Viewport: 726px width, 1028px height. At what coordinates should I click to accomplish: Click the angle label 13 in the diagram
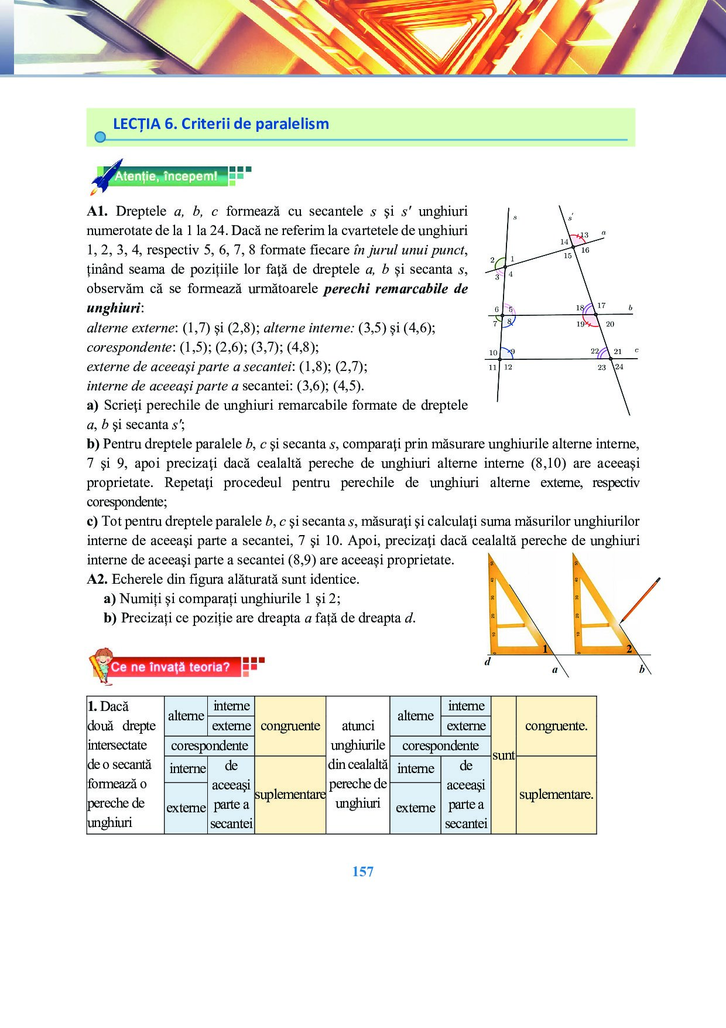(x=584, y=235)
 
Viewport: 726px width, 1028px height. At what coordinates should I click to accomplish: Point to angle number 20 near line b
(x=610, y=324)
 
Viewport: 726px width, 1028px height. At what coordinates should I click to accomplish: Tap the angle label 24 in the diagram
(x=619, y=367)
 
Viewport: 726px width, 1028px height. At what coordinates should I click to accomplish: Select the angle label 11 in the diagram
(x=492, y=367)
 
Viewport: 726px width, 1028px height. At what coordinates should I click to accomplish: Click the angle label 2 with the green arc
(x=492, y=260)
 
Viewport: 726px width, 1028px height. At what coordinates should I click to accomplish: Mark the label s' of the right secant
(x=570, y=217)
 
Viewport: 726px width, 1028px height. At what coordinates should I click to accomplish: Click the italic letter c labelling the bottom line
(x=636, y=350)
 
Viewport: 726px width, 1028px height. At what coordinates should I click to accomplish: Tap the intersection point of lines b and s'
(x=596, y=315)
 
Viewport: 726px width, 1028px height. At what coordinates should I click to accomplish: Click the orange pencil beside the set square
(x=640, y=600)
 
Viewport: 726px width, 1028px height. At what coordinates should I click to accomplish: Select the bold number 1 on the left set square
(x=545, y=648)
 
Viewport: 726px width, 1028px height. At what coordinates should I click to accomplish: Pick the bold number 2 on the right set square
(x=629, y=648)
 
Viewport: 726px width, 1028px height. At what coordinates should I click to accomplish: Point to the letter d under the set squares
(x=488, y=662)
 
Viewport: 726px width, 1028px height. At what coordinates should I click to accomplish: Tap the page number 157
(x=363, y=872)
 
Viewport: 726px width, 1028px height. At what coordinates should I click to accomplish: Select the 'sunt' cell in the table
(x=504, y=755)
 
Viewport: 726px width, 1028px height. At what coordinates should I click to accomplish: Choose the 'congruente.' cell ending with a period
(x=556, y=726)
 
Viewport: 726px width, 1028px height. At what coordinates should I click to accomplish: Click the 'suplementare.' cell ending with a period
(x=556, y=795)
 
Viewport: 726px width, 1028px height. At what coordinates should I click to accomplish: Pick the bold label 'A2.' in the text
(x=97, y=579)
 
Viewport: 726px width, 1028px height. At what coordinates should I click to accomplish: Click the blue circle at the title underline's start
(x=100, y=137)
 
